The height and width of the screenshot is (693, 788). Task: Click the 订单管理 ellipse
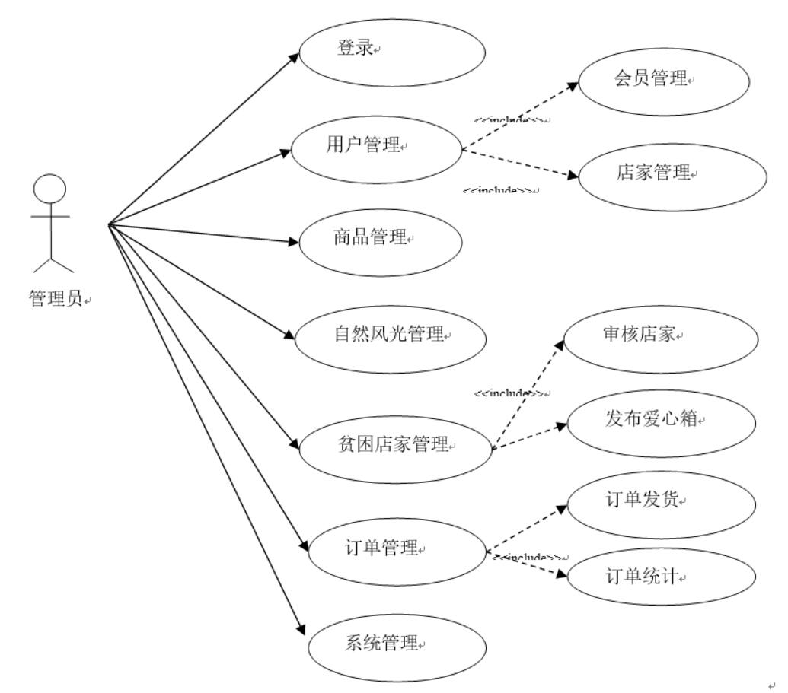[397, 549]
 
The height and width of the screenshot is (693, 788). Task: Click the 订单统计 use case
[662, 579]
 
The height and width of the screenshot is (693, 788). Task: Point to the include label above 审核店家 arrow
[509, 393]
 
